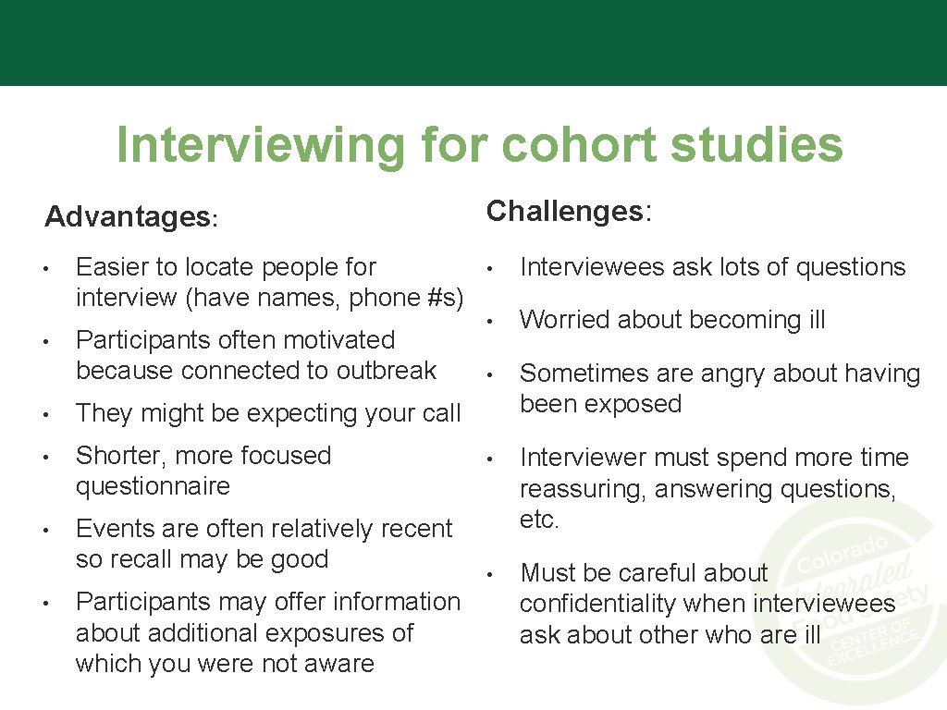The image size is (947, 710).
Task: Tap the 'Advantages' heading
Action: point(127,217)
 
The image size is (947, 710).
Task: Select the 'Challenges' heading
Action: point(564,212)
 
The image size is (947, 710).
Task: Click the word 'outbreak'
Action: point(386,371)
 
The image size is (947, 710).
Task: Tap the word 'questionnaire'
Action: point(153,486)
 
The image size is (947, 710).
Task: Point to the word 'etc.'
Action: point(539,520)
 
